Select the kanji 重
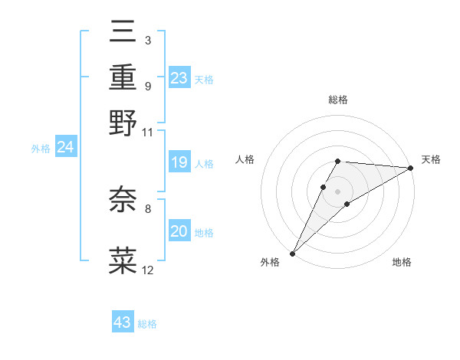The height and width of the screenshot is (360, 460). click(123, 79)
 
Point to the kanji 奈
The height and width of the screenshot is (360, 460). click(123, 199)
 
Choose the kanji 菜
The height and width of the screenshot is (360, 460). click(123, 259)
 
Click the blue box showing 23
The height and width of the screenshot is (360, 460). click(179, 77)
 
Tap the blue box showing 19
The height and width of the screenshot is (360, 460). click(179, 162)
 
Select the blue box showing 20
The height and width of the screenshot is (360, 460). click(179, 231)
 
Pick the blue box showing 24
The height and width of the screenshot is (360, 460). click(65, 147)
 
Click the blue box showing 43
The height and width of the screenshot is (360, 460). click(123, 322)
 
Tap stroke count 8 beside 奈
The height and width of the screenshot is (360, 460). click(147, 208)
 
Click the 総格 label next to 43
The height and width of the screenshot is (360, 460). click(147, 324)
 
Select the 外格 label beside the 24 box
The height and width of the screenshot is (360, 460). click(41, 149)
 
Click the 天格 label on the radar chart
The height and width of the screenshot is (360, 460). click(431, 159)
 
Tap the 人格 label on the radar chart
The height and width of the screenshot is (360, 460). click(245, 159)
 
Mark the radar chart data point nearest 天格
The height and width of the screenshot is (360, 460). click(410, 169)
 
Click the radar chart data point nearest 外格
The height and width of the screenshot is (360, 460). click(292, 254)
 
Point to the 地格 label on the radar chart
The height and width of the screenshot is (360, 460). click(402, 263)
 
